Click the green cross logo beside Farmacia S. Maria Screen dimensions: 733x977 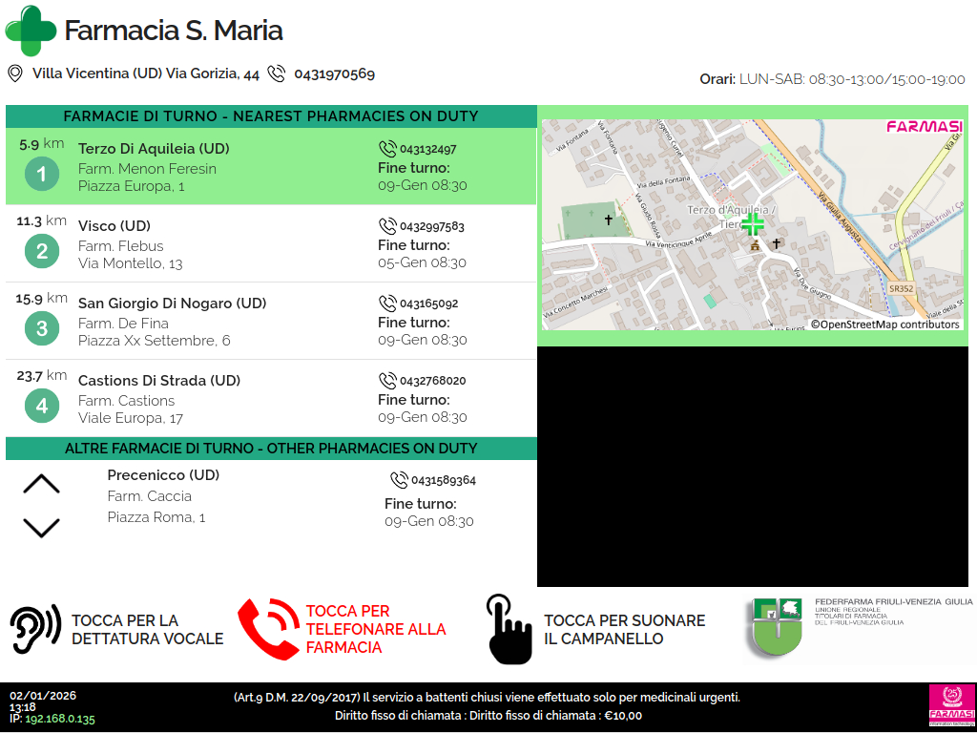(31, 31)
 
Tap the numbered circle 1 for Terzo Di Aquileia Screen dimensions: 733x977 (41, 174)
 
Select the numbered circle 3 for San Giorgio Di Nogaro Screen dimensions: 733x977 (41, 329)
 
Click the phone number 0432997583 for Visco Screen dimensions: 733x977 (431, 227)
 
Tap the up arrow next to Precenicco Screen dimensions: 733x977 (41, 484)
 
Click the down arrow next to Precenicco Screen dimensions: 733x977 (41, 527)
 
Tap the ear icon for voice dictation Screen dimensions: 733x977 (35, 629)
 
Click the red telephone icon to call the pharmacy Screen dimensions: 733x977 (268, 629)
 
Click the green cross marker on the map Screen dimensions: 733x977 (753, 224)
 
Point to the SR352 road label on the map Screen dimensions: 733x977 (901, 287)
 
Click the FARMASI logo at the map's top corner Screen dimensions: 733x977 (924, 127)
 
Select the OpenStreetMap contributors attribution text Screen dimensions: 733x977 (885, 325)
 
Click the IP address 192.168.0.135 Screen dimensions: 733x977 (60, 720)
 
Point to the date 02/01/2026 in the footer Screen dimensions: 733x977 (43, 696)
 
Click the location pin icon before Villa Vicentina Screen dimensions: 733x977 (14, 73)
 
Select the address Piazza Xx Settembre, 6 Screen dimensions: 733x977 (154, 341)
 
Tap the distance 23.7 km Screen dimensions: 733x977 (41, 375)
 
